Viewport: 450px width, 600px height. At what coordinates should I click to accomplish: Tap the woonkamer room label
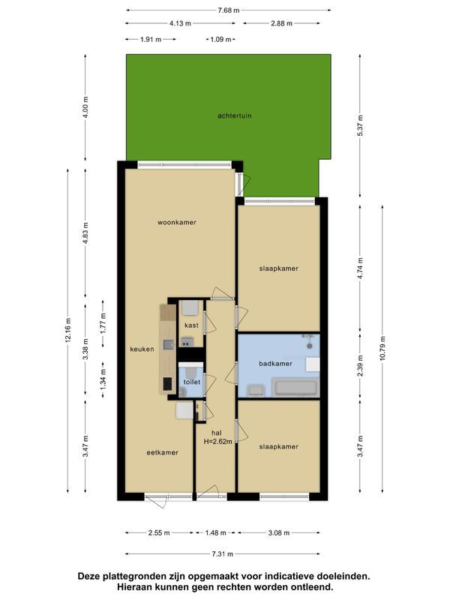[176, 222]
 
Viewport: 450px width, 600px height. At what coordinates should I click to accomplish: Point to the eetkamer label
[162, 452]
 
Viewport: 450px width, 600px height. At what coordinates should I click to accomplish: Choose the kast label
[190, 326]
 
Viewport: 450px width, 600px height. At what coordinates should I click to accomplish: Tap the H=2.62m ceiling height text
[217, 442]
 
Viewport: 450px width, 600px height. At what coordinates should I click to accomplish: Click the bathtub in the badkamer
[297, 388]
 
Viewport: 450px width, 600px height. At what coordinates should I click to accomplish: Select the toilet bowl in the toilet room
[192, 370]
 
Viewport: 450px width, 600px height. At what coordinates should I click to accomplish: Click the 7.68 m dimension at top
[228, 10]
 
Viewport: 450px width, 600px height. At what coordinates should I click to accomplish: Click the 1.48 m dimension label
[215, 533]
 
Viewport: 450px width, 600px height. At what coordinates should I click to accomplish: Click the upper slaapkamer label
[278, 268]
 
